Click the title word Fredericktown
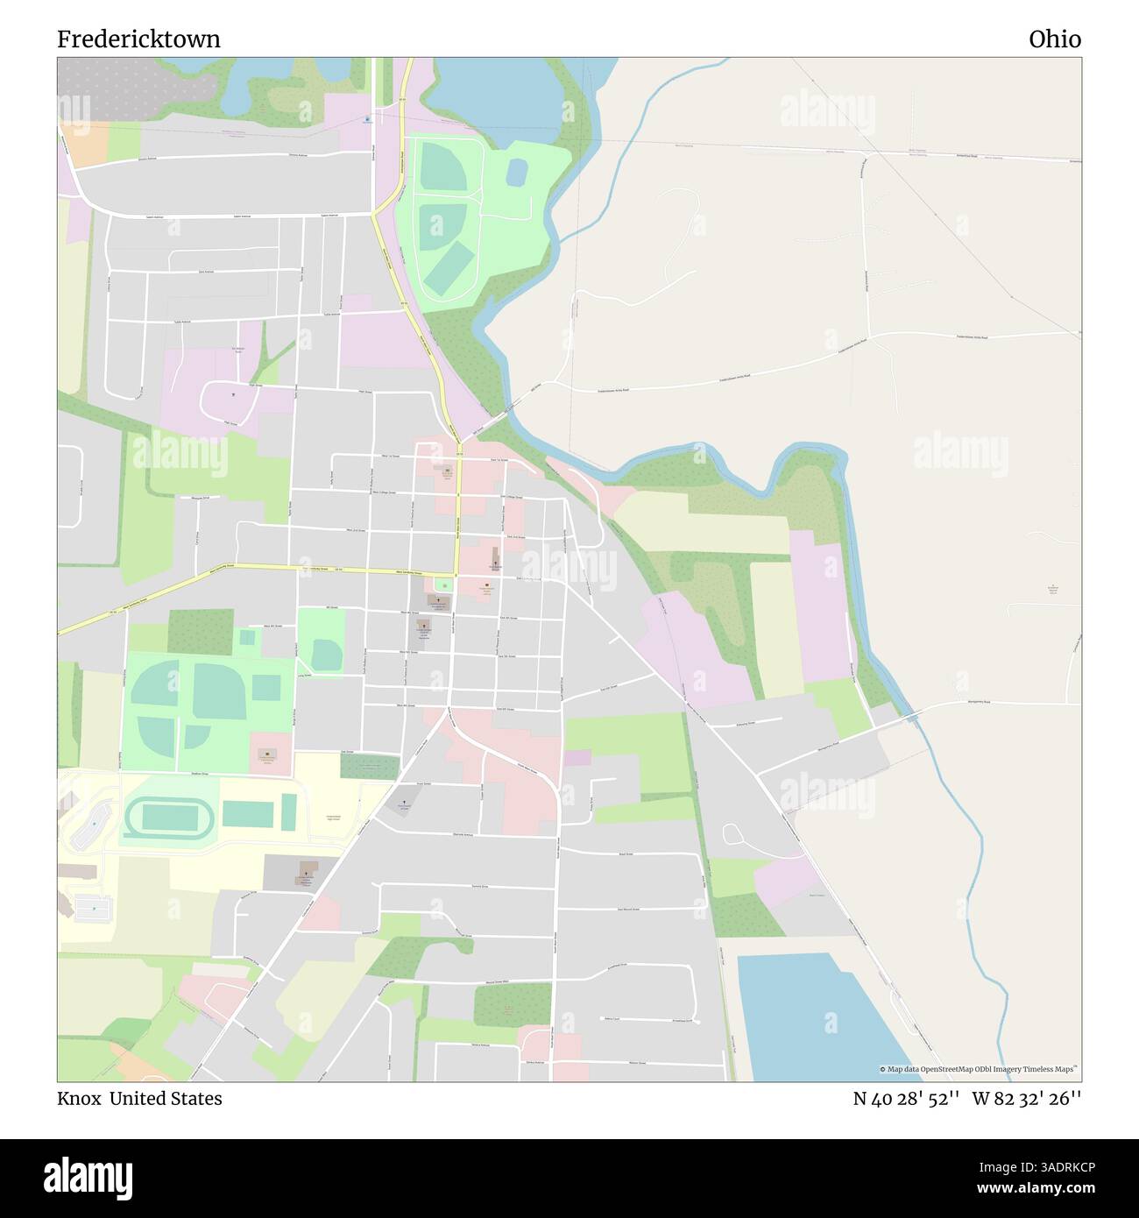pos(138,39)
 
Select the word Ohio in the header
pos(1055,39)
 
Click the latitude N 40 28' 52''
pos(905,1098)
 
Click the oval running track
pos(170,818)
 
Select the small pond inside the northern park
pos(517,172)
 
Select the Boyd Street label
pos(625,853)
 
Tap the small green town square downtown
pos(443,584)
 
